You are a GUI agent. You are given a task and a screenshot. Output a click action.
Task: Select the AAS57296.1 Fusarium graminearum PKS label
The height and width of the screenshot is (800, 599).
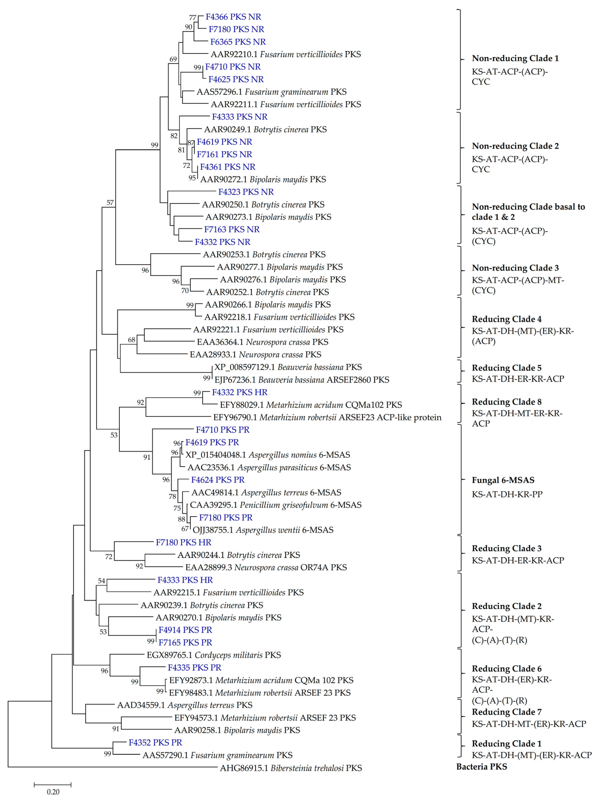pos(271,92)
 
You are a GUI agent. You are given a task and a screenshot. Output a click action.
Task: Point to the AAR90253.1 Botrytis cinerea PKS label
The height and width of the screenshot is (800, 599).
pos(264,255)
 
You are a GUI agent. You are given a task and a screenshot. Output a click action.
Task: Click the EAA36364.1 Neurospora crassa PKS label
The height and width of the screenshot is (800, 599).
pos(262,342)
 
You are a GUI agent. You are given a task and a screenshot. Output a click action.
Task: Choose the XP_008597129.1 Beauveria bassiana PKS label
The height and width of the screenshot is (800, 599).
pos(288,367)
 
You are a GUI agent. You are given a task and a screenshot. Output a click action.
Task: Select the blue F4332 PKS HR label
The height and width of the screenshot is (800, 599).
pos(240,392)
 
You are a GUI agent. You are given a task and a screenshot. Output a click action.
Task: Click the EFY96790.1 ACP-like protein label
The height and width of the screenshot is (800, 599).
pos(327,417)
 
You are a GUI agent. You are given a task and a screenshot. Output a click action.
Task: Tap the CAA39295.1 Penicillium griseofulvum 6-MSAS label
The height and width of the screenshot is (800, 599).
pos(276,505)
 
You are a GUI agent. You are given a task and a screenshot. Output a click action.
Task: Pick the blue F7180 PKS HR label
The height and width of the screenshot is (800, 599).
pos(183,543)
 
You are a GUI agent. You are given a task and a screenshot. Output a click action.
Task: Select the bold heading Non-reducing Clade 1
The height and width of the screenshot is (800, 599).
pos(515,58)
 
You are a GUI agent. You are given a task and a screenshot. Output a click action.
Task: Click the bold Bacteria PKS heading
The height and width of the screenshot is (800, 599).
pos(481,767)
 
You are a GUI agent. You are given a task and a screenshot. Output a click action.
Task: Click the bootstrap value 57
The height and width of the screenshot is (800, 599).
pos(110,203)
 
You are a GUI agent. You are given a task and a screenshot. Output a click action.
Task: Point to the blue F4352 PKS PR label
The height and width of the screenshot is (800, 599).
pos(155,742)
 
